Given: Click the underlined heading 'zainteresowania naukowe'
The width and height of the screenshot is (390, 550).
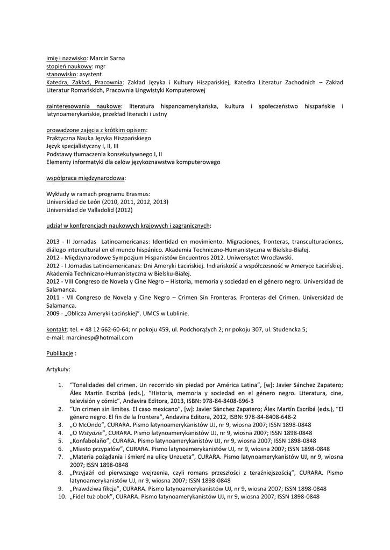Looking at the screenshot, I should click(x=83, y=106).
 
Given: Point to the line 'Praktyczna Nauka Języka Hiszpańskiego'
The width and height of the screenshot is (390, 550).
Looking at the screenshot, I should click(x=98, y=138).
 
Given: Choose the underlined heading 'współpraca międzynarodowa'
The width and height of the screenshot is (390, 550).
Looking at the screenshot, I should click(x=86, y=178).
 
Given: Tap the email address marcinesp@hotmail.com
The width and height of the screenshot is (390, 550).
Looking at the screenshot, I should click(x=99, y=337).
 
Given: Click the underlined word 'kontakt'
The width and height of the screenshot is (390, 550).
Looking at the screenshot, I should click(x=56, y=329).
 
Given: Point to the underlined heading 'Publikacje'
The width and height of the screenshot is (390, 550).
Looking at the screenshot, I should click(x=59, y=353).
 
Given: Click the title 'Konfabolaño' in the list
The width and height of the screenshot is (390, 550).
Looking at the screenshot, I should click(x=93, y=440).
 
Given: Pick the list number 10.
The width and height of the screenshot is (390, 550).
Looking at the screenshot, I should click(x=61, y=497).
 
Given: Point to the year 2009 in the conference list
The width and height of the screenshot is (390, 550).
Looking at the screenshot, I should click(x=53, y=313).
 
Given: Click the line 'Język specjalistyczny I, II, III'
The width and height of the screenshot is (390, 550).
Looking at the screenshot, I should click(x=83, y=146).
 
